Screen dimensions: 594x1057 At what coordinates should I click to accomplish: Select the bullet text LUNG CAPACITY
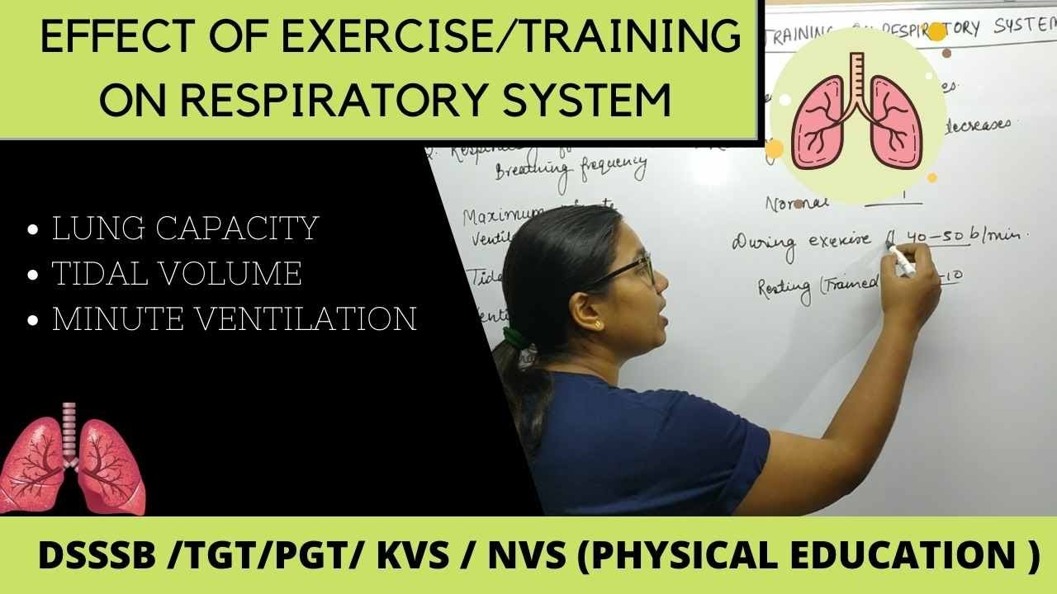click(x=185, y=229)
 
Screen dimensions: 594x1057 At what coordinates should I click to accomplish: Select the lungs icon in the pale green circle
click(x=857, y=112)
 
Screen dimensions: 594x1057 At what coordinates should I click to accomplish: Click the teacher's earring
click(x=596, y=324)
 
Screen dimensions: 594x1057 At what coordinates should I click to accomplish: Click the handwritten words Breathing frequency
click(x=570, y=170)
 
